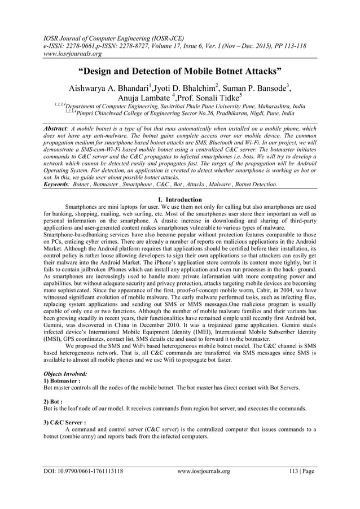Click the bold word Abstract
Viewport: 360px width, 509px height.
59,129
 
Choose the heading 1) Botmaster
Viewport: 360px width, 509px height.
63,381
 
